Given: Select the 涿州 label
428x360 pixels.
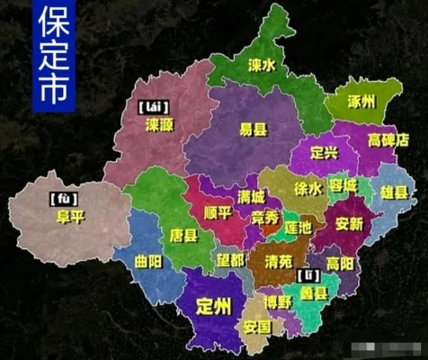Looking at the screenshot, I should coord(363,102).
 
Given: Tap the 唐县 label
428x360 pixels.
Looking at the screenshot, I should coord(183,235).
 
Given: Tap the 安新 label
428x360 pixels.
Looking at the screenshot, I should coord(349,222).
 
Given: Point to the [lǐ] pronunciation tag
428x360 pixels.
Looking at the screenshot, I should coord(311,274).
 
